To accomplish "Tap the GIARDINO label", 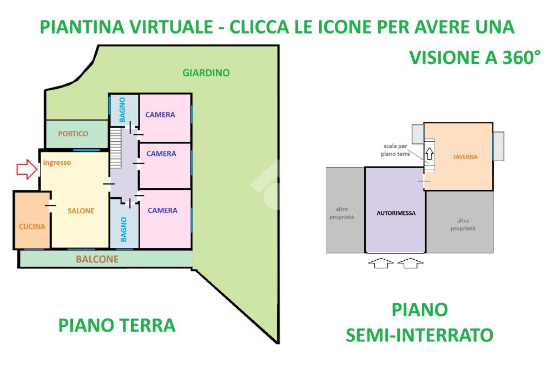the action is tap(206, 73).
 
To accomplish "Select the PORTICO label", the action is tap(73, 134).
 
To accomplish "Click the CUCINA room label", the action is tap(32, 227).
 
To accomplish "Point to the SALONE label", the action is tap(81, 211).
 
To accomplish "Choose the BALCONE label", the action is tap(97, 259).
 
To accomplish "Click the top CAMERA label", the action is tap(160, 115).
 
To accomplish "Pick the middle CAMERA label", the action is tap(161, 154).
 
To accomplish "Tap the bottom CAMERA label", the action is tap(162, 210).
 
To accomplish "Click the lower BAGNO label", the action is tap(124, 229).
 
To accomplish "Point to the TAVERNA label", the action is tap(465, 157).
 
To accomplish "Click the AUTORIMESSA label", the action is tap(396, 213).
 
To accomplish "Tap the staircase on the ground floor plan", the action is tap(116, 148).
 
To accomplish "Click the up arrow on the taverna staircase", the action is tap(430, 152).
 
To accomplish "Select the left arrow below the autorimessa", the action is tap(381, 263).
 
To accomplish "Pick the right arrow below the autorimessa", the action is tap(411, 263).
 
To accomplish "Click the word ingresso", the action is tap(57, 162).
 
